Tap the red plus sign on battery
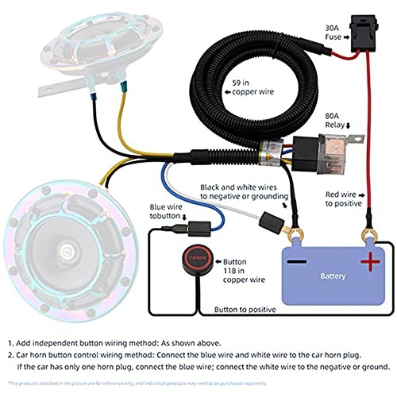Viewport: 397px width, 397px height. tap(368, 262)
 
